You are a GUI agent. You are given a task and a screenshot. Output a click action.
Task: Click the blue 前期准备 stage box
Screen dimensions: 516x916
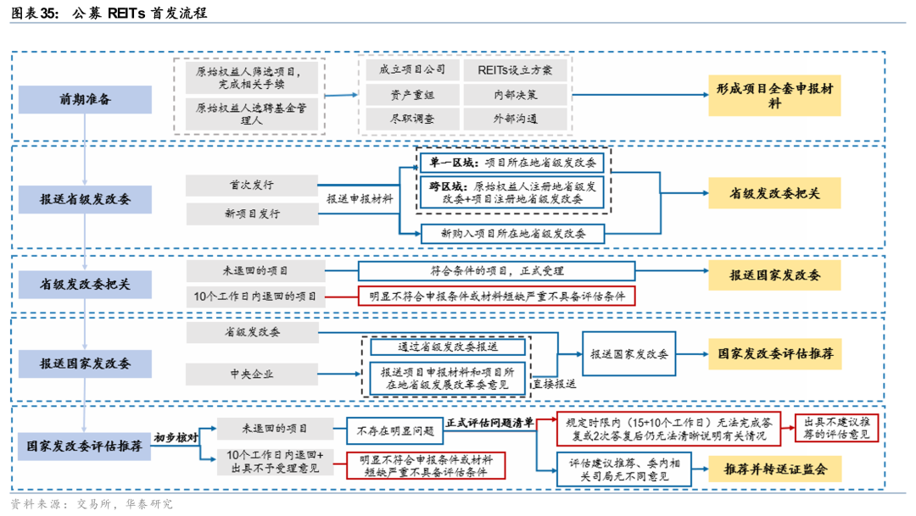[x=85, y=99]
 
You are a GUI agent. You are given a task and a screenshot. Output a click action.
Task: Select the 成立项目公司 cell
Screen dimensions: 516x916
[x=412, y=69]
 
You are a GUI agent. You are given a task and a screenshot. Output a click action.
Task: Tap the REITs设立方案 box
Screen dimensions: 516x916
[x=515, y=69]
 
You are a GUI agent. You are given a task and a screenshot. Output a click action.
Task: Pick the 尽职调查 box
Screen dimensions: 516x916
[x=412, y=119]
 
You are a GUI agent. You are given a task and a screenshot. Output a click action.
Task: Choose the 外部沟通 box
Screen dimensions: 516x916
[x=515, y=119]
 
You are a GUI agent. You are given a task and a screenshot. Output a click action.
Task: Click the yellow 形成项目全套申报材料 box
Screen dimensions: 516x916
[x=774, y=94]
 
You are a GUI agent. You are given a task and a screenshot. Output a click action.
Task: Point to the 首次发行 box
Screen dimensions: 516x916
[x=251, y=186]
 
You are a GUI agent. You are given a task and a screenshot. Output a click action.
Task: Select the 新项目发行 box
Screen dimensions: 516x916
[x=251, y=214]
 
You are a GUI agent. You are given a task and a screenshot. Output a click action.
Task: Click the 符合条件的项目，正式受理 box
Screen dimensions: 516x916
[x=496, y=271]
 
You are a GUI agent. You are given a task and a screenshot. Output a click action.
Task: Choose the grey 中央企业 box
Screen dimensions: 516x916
[x=251, y=374]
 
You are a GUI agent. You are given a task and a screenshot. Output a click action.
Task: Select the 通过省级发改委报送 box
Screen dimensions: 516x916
[x=448, y=347]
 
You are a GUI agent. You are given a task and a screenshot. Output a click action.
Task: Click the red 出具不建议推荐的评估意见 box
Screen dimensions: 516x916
[x=835, y=428]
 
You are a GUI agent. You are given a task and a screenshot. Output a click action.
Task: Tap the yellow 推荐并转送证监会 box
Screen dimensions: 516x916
[x=774, y=469]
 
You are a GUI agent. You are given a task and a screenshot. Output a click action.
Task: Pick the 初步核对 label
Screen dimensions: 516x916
[x=176, y=438]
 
